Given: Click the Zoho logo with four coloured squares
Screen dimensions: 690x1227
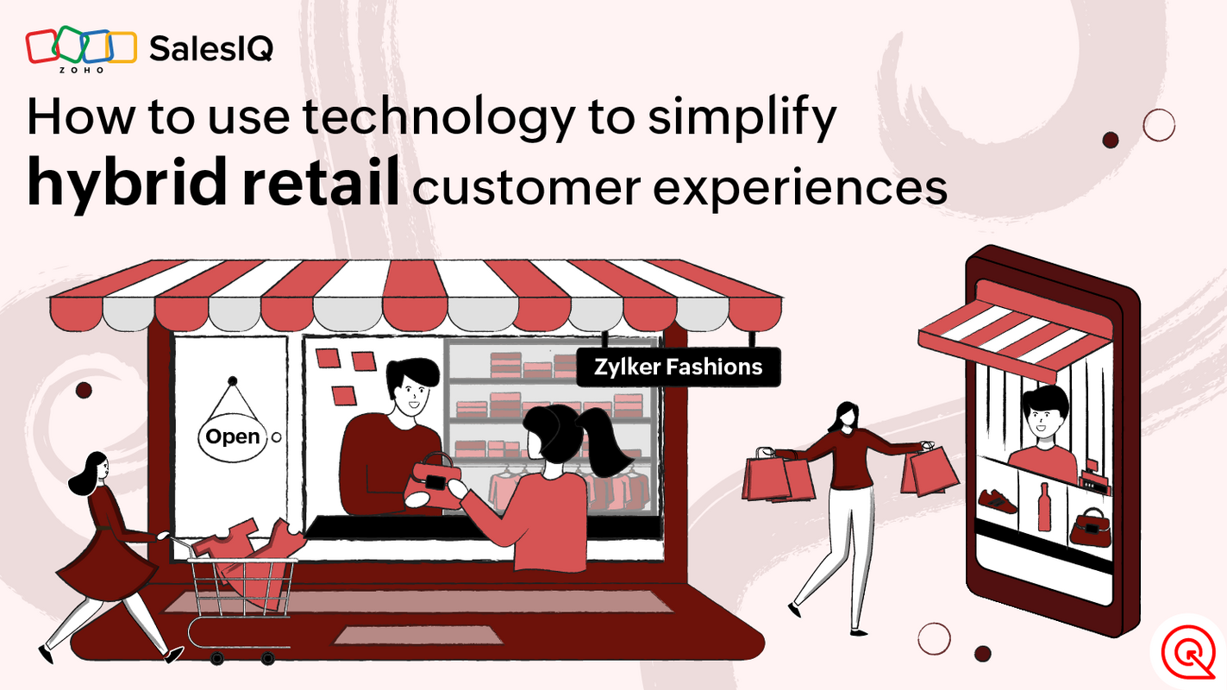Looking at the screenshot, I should [81, 49].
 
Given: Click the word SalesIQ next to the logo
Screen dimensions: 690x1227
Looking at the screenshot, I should [211, 49].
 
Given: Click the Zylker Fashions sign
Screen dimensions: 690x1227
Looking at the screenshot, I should [678, 367].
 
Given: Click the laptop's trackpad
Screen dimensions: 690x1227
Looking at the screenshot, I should [417, 635].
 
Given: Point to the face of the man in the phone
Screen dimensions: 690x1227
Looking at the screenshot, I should [1043, 414].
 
